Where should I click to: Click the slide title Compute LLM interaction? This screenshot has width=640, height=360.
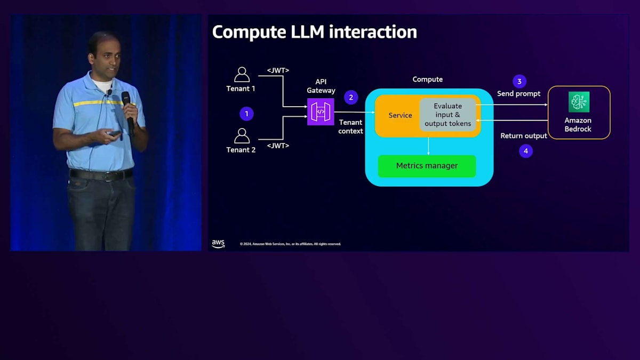(x=314, y=32)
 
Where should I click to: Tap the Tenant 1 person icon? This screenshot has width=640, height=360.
(x=242, y=75)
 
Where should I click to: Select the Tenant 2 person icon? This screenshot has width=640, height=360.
(x=242, y=135)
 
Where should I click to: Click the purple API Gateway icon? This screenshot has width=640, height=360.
(x=321, y=112)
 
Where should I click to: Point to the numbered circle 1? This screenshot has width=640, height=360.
(x=246, y=114)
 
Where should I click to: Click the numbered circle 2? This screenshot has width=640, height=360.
(x=350, y=97)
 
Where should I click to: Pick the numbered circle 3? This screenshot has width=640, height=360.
(x=519, y=81)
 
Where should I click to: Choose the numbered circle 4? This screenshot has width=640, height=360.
(x=525, y=151)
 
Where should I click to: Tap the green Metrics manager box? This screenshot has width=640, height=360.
(x=427, y=166)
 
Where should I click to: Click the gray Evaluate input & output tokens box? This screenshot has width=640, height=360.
(x=447, y=115)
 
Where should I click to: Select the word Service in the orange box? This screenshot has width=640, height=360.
(x=400, y=115)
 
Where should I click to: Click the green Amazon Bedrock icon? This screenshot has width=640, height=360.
(x=579, y=102)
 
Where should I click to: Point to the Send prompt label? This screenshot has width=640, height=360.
(x=518, y=94)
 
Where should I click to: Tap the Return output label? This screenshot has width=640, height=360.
(x=523, y=136)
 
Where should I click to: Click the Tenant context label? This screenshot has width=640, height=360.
(x=350, y=127)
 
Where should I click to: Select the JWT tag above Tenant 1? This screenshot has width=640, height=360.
(x=278, y=70)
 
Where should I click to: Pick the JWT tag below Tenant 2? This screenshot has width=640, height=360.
(x=278, y=146)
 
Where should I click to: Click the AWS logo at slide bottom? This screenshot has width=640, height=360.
(x=218, y=244)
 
